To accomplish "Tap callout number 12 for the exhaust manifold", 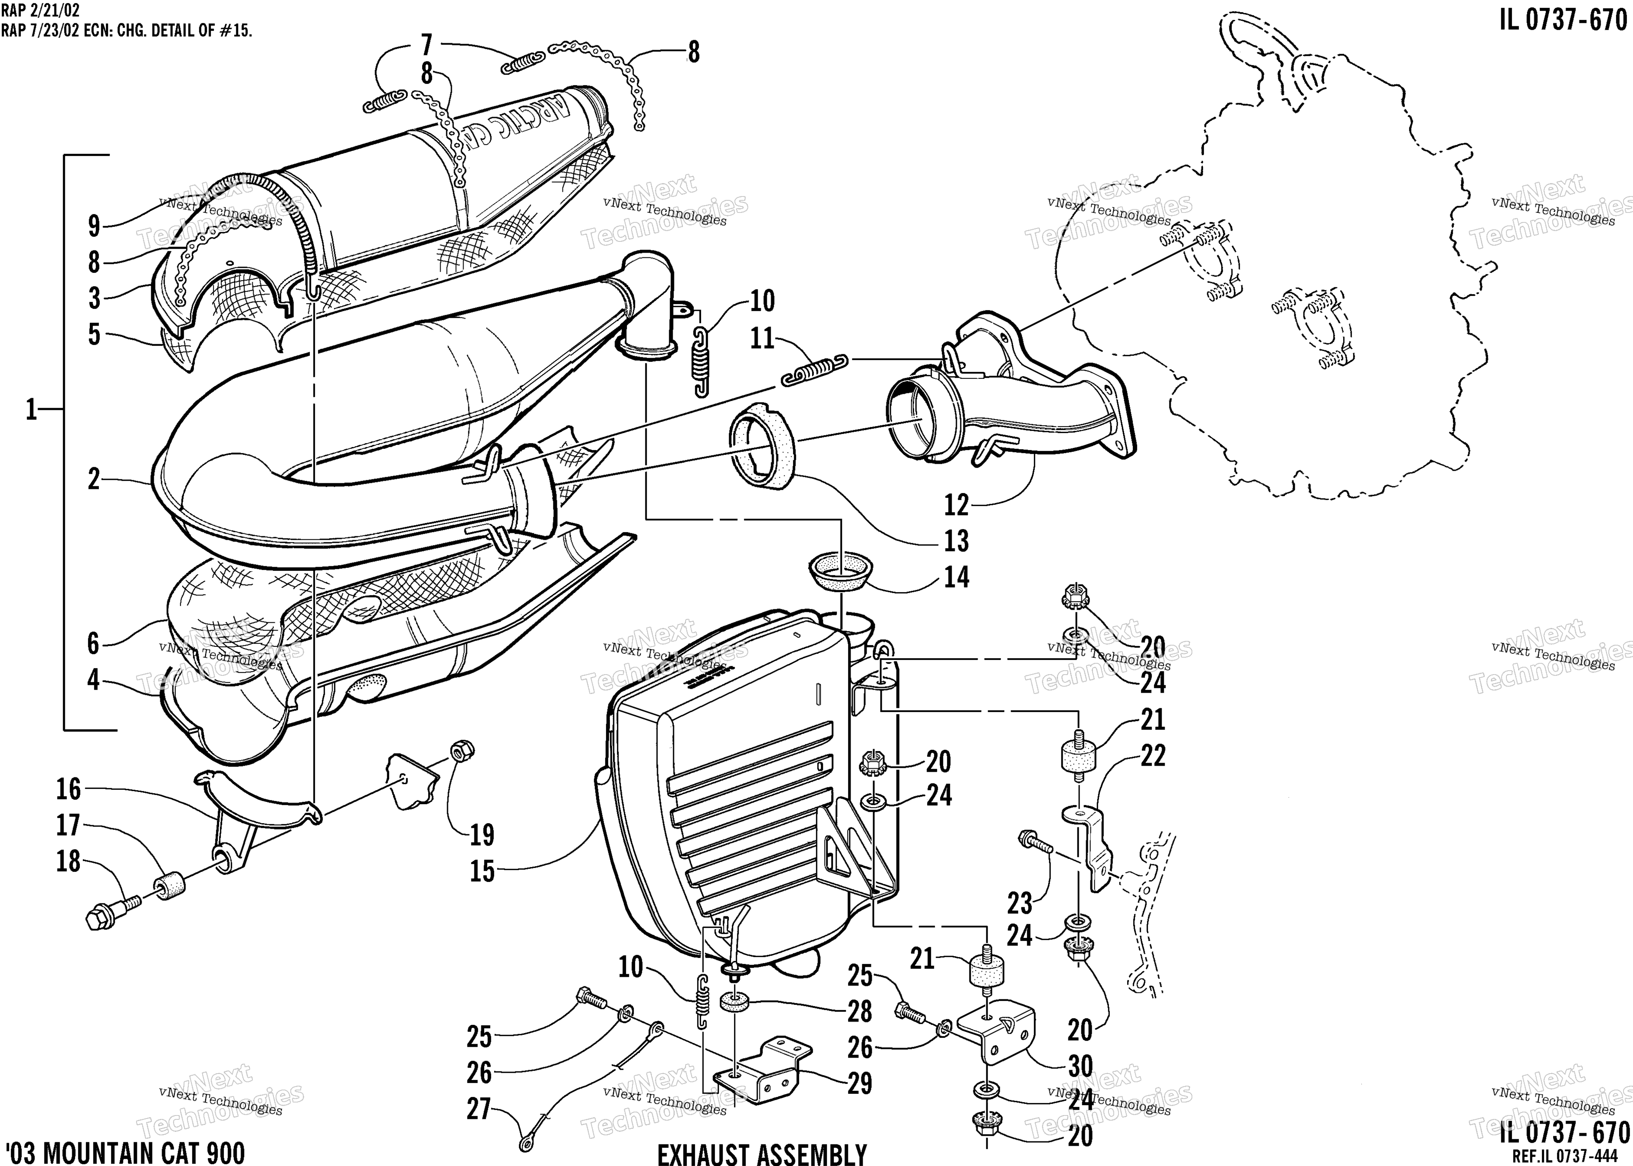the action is pos(956,505).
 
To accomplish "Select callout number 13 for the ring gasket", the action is pos(956,541).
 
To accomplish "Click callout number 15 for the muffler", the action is pos(483,871).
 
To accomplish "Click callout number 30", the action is pos(1080,1065).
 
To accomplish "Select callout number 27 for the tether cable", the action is pos(479,1109).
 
